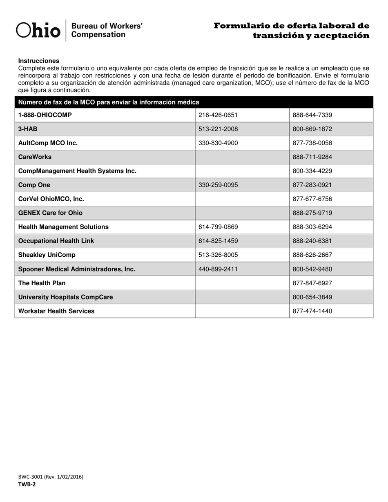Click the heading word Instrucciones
coord(38,61)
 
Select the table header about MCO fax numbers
coord(109,102)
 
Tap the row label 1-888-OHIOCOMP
coord(45,115)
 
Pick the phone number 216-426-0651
coord(218,115)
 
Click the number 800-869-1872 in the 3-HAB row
coord(312,129)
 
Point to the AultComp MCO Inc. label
coord(48,143)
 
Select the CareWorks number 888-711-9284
coord(312,157)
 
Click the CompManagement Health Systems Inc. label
coord(77,171)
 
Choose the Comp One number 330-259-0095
coord(218,185)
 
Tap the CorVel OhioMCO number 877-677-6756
coord(312,199)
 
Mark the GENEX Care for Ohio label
coord(50,213)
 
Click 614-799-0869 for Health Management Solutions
coord(218,227)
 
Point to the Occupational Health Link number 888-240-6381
coord(312,241)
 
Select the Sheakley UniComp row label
coord(47,255)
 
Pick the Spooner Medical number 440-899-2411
coord(218,269)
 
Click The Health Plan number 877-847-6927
coord(312,283)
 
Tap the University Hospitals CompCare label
coord(65,297)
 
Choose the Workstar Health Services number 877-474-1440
coord(312,311)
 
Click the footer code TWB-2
coord(27,484)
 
